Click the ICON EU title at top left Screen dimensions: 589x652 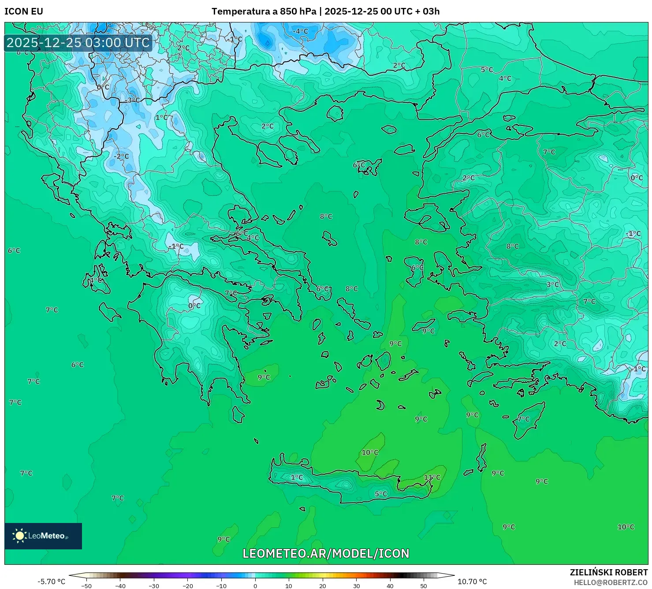[x=24, y=11]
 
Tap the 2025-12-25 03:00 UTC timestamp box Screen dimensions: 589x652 [x=78, y=43]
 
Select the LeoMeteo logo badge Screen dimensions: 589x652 [x=43, y=536]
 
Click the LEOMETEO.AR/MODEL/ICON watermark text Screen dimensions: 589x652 [x=326, y=553]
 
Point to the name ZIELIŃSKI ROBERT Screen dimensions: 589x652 [x=608, y=572]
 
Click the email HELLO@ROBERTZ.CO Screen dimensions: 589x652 [x=611, y=582]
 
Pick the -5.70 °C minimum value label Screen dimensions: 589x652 [x=51, y=582]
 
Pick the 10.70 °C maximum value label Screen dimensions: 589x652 [x=472, y=582]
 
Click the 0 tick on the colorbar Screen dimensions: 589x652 [x=255, y=585]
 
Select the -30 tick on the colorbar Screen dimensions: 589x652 [x=153, y=585]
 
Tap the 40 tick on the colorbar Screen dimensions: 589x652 [x=390, y=585]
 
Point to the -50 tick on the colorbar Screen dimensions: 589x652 [x=86, y=585]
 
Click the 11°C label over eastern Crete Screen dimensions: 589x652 [x=432, y=477]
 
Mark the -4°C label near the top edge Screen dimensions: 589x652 [x=301, y=31]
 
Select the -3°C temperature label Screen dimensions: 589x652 [x=132, y=100]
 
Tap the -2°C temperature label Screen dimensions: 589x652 [x=121, y=156]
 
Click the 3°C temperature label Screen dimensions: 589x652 [x=553, y=285]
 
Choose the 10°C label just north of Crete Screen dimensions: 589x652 [x=370, y=453]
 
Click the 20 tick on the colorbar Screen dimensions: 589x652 [x=323, y=585]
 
